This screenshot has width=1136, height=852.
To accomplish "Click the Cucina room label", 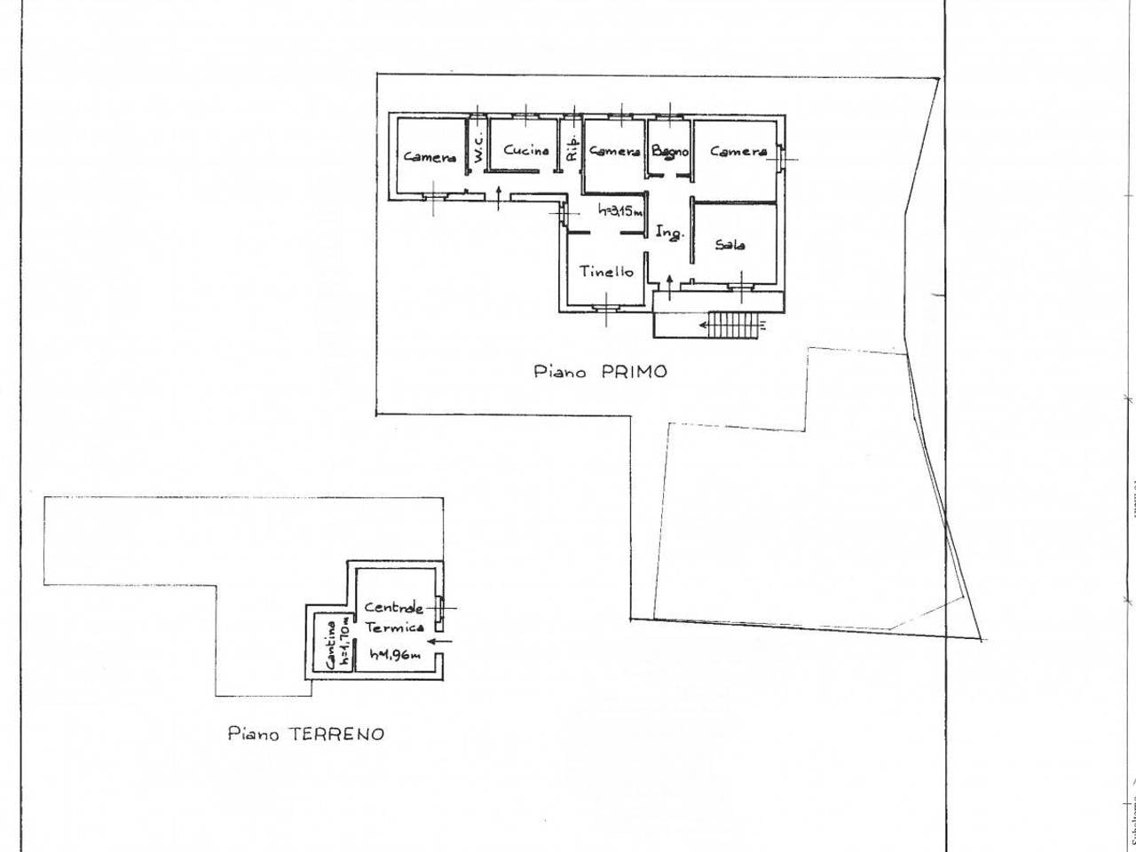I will click(x=526, y=150).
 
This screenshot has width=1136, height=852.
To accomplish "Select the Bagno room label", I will click(x=670, y=152).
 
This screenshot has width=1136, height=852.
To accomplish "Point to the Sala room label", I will click(x=730, y=244).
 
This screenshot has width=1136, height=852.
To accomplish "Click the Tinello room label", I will click(x=607, y=272).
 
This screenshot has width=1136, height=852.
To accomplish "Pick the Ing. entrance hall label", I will click(x=669, y=233).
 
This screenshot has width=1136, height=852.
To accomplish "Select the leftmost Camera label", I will click(x=430, y=157).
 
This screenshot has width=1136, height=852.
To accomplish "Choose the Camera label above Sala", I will click(x=738, y=152).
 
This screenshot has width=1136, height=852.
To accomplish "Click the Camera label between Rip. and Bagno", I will click(x=615, y=152).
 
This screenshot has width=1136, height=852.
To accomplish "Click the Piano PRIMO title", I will click(x=600, y=372).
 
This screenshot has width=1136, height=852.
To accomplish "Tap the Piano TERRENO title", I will click(x=306, y=734).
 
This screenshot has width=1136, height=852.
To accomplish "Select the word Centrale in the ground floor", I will click(x=393, y=608).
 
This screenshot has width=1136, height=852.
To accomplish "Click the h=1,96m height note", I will click(x=394, y=655).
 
